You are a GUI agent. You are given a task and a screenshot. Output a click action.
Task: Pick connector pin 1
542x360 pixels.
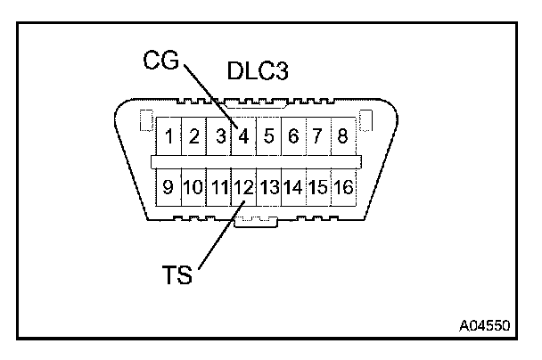[168, 137]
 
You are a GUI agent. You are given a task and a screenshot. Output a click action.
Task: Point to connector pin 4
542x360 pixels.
[242, 137]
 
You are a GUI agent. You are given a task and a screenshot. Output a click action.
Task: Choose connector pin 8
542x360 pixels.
[342, 137]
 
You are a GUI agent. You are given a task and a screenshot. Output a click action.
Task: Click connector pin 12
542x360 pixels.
[243, 188]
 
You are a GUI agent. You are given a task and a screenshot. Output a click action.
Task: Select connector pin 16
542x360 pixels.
[343, 188]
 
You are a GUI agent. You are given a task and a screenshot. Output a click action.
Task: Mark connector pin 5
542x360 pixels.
[267, 137]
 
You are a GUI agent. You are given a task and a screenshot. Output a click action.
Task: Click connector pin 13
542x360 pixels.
[268, 188]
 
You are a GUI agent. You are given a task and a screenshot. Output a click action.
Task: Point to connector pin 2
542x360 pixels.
[193, 137]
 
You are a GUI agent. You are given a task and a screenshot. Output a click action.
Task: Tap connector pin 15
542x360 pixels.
[318, 188]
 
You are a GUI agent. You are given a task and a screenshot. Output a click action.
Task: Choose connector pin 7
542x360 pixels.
[317, 137]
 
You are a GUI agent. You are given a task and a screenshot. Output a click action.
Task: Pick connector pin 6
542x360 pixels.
[292, 137]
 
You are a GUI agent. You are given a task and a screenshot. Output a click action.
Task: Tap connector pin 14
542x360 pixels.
[293, 188]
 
